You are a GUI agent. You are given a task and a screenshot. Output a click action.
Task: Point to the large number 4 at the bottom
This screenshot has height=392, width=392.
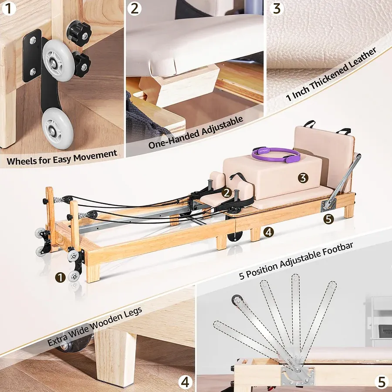pos(186,382)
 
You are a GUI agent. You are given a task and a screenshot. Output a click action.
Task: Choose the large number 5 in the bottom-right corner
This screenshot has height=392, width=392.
pos(382,382)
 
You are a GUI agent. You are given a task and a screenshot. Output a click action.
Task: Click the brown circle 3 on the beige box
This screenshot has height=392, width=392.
pos(303,177)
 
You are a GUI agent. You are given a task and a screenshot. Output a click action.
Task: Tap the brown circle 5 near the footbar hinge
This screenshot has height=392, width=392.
pos(328,219)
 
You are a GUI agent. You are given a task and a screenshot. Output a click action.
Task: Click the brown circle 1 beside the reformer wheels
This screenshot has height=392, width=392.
pos(60,276)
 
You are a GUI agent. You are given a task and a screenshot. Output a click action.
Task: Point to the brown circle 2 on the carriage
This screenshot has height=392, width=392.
pos(226,192)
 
